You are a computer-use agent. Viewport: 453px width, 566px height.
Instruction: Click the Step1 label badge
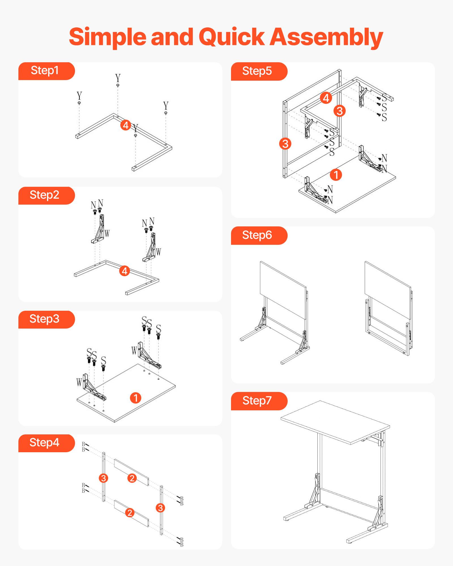click(45, 71)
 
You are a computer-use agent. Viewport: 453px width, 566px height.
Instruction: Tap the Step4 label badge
click(45, 443)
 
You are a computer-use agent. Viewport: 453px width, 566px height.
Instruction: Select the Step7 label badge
click(258, 401)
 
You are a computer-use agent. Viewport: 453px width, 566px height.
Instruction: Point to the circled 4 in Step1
click(126, 125)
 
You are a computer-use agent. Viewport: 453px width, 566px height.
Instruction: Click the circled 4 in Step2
click(125, 271)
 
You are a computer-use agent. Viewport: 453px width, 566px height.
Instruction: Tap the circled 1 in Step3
click(136, 398)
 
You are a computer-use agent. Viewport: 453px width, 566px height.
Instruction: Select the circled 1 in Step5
click(336, 175)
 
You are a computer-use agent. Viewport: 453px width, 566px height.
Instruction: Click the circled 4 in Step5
click(326, 98)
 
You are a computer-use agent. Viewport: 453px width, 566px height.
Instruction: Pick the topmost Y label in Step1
click(118, 78)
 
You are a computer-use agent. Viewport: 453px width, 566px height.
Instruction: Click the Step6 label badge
click(258, 235)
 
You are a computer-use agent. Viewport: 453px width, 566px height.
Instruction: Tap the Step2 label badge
click(45, 195)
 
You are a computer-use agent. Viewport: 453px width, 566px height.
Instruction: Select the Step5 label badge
click(258, 71)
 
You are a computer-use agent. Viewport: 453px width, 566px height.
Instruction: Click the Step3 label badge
click(45, 319)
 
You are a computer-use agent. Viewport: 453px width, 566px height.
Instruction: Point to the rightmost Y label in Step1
click(166, 106)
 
